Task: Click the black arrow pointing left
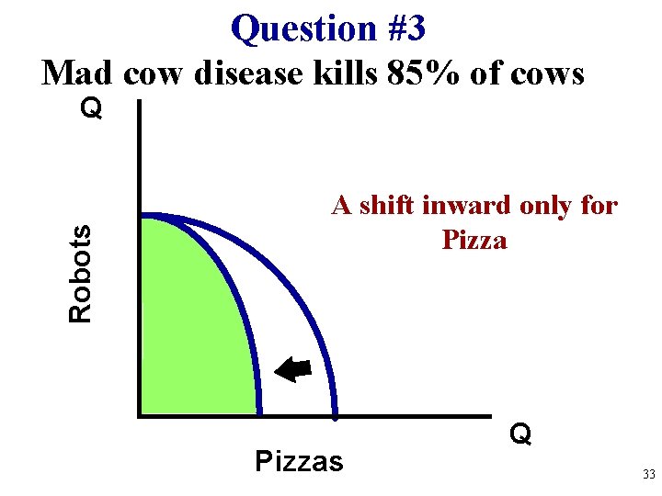click(295, 369)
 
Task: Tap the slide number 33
click(648, 475)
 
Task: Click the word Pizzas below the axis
click(298, 460)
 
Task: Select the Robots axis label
click(82, 274)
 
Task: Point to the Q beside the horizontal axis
click(520, 434)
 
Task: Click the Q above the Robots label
click(91, 109)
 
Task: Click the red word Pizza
click(474, 241)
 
